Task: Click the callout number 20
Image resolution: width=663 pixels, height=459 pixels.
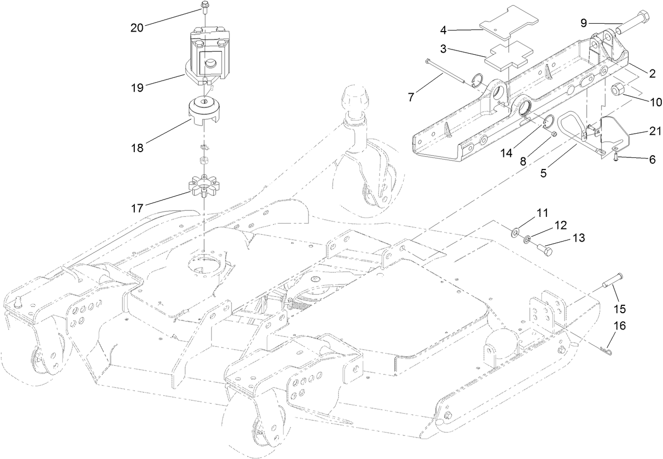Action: coord(137,28)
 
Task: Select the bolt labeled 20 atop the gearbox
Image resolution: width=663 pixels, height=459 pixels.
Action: coord(204,7)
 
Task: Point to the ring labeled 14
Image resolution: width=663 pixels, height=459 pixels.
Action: coord(546,122)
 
